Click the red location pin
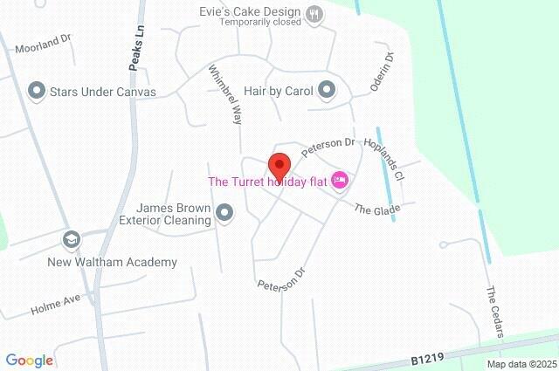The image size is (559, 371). (x=279, y=164)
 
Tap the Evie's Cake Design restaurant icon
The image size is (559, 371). (x=315, y=12)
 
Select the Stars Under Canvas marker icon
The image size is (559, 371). (x=37, y=90)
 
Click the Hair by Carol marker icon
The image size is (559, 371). (x=327, y=89)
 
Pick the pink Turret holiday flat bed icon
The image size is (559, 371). (x=340, y=182)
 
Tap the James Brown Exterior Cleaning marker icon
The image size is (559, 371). (x=225, y=212)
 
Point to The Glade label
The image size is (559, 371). (x=376, y=209)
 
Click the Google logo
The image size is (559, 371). (x=29, y=361)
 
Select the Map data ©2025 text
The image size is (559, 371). (x=521, y=364)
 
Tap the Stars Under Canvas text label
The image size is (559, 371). (x=103, y=91)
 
